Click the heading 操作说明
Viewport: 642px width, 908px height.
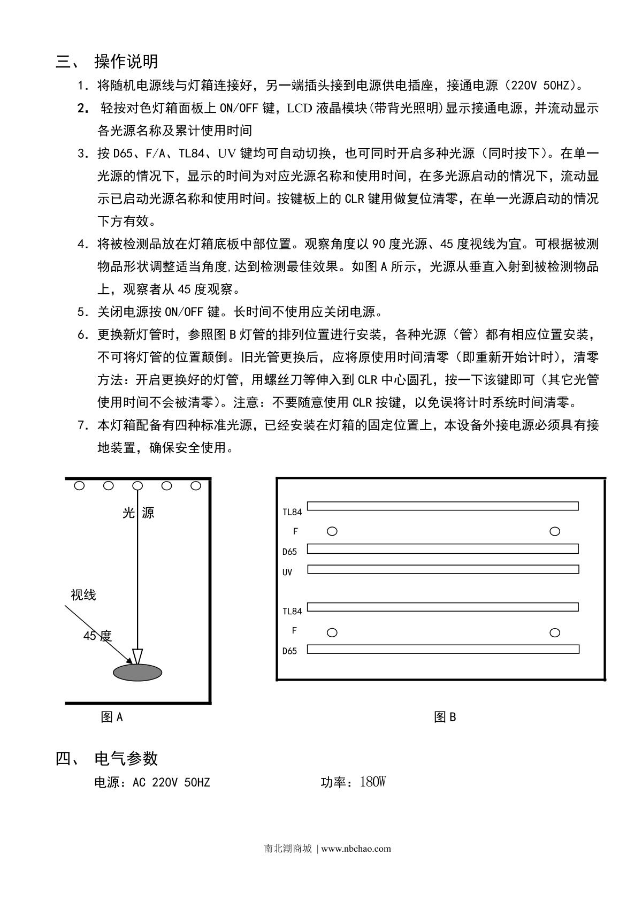tap(126, 62)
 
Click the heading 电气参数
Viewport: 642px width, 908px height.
tap(126, 758)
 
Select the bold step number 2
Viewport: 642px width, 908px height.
tap(82, 108)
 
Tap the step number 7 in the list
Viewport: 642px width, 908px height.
tap(82, 425)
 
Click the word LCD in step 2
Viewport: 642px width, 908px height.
tap(300, 108)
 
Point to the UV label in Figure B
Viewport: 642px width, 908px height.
tap(287, 572)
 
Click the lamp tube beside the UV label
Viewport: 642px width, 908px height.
tap(443, 569)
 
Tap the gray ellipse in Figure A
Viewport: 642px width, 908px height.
tap(137, 673)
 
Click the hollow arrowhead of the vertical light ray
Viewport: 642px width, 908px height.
tap(137, 656)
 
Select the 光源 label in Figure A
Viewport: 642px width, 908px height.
tap(139, 513)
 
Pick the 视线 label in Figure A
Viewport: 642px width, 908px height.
tap(83, 595)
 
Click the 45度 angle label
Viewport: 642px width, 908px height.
tap(97, 636)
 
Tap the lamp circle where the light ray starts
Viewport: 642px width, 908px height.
tap(137, 486)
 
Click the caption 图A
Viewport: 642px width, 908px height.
tap(112, 717)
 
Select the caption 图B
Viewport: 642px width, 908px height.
tap(445, 717)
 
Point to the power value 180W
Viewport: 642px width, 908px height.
tap(372, 782)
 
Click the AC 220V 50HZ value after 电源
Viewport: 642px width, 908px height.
tap(171, 782)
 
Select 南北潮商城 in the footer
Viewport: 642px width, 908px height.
tap(288, 849)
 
